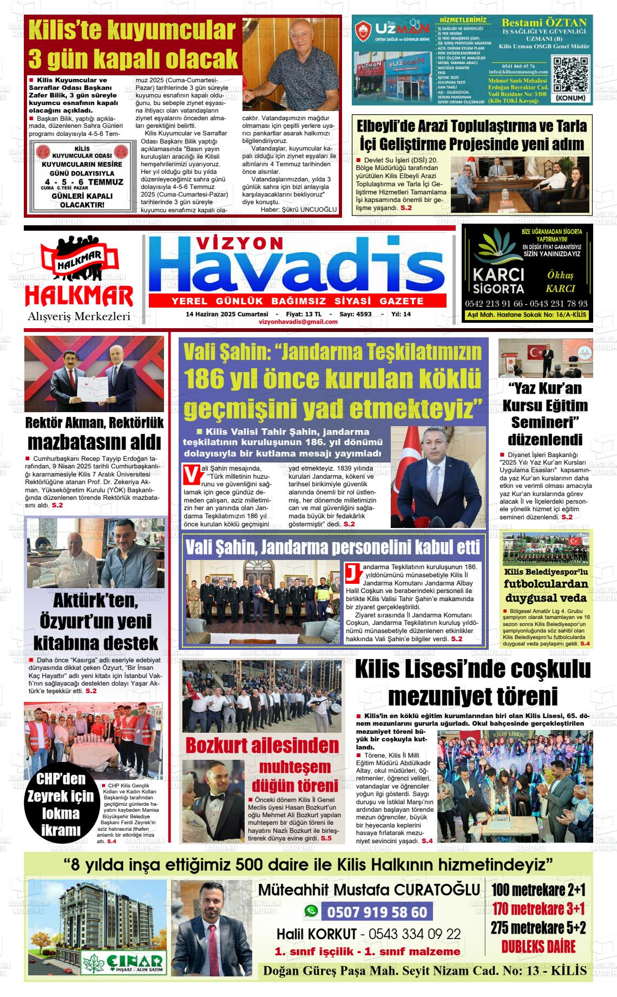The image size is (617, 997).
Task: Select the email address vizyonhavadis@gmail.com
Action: point(298,322)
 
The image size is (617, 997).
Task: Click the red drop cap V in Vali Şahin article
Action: point(191,473)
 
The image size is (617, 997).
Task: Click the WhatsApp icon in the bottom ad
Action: point(311,911)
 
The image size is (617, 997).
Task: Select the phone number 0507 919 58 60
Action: point(377,913)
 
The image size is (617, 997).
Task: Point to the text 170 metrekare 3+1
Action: point(539,909)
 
